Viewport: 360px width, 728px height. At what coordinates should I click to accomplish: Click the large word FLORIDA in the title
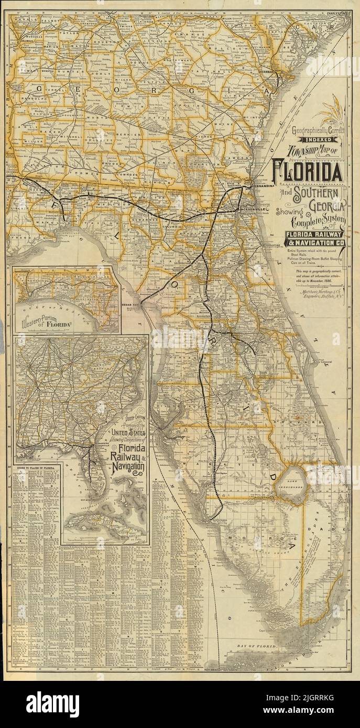pos(307,172)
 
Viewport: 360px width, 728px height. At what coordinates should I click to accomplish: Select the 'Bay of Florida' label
pos(258,647)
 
